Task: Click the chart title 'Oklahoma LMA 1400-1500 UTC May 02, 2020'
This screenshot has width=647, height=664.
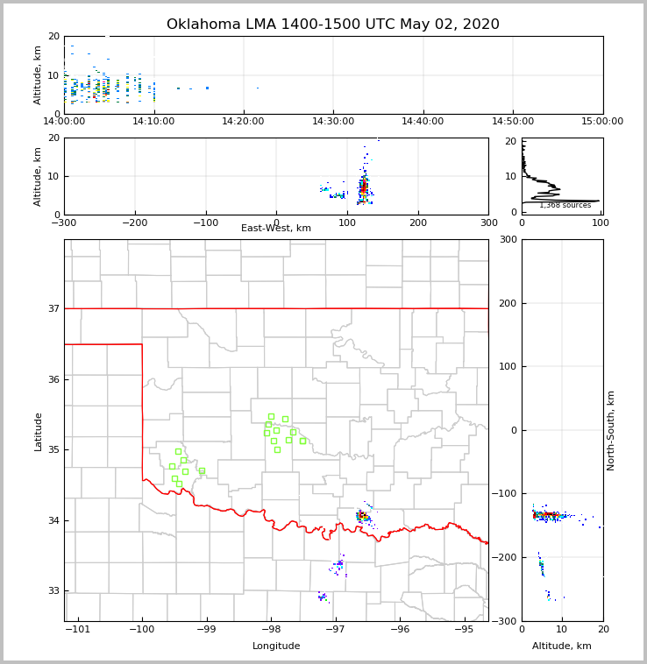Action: [332, 25]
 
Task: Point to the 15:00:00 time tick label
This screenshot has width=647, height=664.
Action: [602, 121]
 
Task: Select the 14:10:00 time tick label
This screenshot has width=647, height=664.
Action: [153, 121]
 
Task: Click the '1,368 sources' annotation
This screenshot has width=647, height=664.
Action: [565, 206]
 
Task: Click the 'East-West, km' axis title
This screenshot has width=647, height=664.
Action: [276, 229]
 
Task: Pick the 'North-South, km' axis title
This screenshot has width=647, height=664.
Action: [611, 430]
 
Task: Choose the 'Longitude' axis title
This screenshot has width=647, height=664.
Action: [276, 646]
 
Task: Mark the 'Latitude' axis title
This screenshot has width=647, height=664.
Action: [39, 431]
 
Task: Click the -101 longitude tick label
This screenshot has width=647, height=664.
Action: [78, 629]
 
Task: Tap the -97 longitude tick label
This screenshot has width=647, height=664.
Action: [335, 629]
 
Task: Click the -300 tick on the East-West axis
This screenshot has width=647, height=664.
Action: [64, 223]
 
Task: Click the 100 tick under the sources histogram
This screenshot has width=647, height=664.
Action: [601, 223]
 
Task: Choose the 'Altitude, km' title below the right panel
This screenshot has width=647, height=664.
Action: [562, 646]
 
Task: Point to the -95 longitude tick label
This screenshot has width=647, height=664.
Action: [464, 629]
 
